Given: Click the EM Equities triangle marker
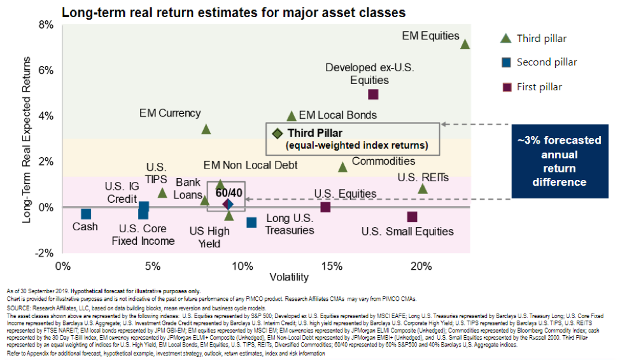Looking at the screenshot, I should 465,44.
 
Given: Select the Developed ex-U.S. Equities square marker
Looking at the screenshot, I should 374,94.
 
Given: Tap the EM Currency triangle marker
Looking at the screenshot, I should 206,129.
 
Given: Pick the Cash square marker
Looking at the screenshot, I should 86,214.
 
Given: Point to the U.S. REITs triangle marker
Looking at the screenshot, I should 423,189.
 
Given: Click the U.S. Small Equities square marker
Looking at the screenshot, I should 412,217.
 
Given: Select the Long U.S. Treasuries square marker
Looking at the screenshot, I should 251,222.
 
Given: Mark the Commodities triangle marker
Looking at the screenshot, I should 342,167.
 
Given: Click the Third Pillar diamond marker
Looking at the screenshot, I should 277,134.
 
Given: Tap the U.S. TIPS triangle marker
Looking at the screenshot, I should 162,193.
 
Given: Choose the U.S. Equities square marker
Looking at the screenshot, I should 325,207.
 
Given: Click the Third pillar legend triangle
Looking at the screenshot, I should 505,38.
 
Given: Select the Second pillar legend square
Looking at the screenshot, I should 505,62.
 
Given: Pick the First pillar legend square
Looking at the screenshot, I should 505,87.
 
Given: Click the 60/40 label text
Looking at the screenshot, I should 227,191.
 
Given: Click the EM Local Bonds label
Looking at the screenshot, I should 337,115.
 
